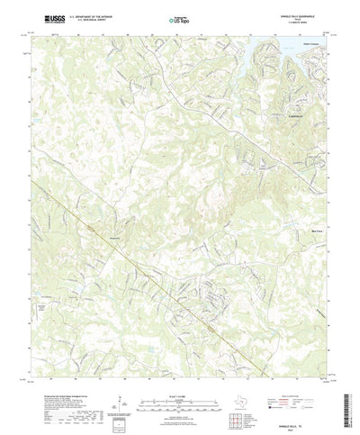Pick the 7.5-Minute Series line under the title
(307, 24)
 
